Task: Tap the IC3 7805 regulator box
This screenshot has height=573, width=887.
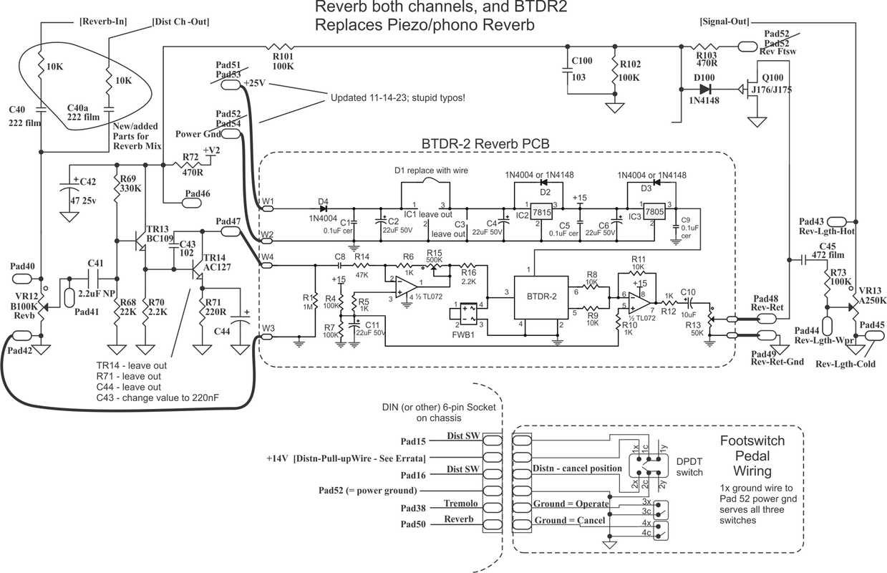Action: (x=652, y=212)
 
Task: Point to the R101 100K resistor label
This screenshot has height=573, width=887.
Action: (x=283, y=61)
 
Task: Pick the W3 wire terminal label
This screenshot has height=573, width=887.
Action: (x=267, y=329)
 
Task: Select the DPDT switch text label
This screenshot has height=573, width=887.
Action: (x=689, y=467)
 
